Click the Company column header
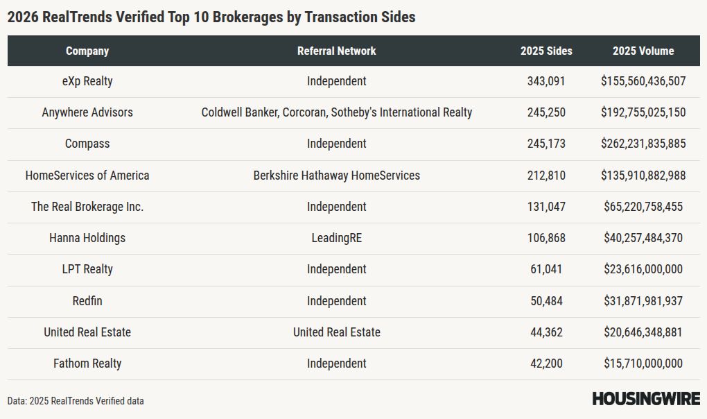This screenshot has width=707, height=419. [87, 51]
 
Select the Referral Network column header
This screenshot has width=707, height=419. [336, 51]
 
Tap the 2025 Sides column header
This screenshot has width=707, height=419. [546, 51]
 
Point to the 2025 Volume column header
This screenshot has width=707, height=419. [643, 51]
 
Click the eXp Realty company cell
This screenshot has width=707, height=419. [87, 81]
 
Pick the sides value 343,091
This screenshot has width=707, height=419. [546, 81]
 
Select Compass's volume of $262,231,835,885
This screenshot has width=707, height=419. [643, 144]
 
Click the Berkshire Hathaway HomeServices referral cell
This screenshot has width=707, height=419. [336, 176]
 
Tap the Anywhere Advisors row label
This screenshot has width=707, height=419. [87, 112]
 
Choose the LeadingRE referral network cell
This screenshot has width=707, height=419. [336, 238]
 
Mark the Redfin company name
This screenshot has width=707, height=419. [87, 301]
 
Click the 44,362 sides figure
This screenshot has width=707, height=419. [546, 332]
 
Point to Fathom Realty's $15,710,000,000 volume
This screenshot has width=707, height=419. [643, 364]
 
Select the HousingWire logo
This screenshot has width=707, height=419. [646, 399]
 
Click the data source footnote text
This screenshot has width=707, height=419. [76, 401]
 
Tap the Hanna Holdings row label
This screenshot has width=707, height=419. [87, 238]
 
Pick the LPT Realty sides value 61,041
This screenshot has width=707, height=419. [546, 269]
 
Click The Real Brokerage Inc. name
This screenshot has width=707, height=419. [87, 207]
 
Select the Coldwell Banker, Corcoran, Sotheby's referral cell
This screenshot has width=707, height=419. [336, 112]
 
